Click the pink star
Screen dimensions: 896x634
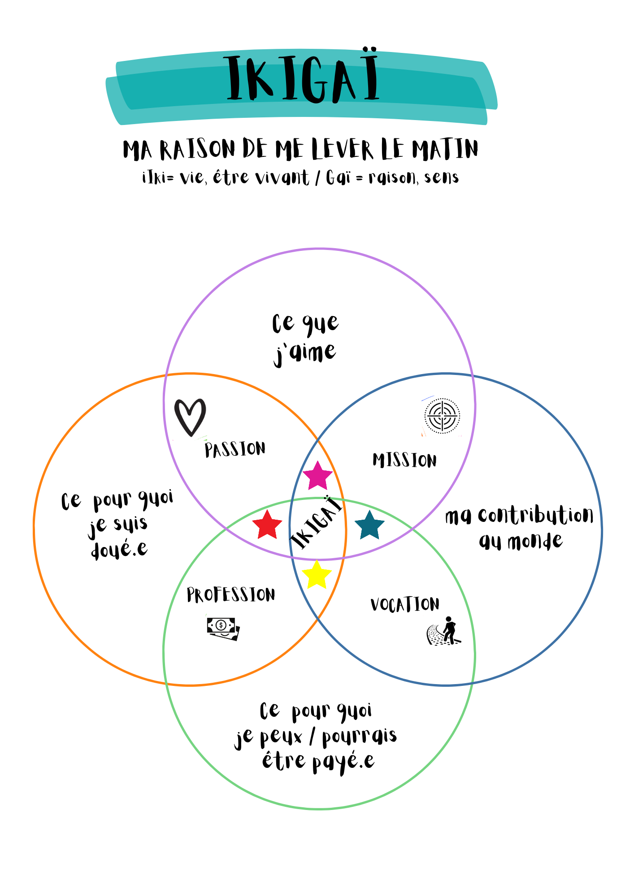(x=317, y=476)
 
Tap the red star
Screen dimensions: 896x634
(x=267, y=525)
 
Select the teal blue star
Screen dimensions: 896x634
(x=369, y=526)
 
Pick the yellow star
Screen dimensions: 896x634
(x=317, y=574)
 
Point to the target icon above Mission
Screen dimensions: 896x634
(x=442, y=416)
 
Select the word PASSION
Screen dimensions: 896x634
(x=235, y=449)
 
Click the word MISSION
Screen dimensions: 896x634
(x=404, y=461)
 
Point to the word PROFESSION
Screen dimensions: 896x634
(x=231, y=595)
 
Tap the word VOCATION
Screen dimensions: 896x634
(x=405, y=604)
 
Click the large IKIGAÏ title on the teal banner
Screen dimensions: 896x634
(x=303, y=79)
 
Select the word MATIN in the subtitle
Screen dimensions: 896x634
(x=445, y=149)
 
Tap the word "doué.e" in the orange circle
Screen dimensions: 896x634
(x=119, y=549)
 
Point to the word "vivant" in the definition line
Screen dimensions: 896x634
(x=282, y=178)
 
